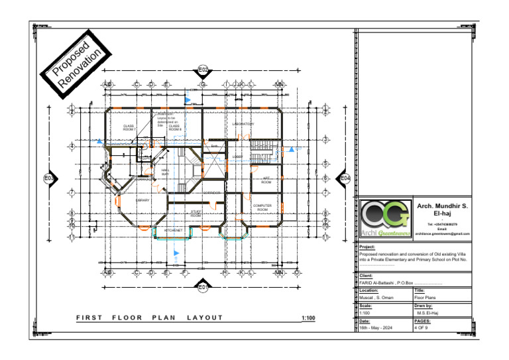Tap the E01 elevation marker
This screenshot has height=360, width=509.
(203, 286)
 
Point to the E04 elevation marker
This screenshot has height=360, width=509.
(345, 178)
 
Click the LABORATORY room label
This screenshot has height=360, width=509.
(243, 124)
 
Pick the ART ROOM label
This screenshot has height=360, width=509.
(266, 180)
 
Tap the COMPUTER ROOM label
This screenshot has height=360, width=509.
(262, 208)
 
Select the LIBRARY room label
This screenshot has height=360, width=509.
(142, 200)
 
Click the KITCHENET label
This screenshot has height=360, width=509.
(173, 230)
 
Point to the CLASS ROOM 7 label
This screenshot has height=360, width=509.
(129, 128)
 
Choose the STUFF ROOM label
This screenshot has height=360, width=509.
(196, 214)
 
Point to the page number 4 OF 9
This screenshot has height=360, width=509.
(422, 328)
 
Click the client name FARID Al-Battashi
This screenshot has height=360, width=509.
(381, 283)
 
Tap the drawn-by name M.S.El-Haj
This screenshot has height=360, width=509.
(428, 313)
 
